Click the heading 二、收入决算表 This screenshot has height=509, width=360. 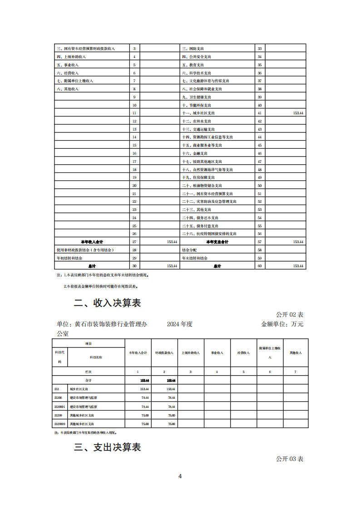tap(107, 303)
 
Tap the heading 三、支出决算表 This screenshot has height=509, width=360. tap(107, 447)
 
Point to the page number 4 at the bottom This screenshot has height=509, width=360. tap(180, 476)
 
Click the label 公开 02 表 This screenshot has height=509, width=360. tap(290, 314)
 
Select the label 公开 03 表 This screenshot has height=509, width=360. tap(290, 459)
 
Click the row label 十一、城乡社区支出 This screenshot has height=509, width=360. tap(198, 113)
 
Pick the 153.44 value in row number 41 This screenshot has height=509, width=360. tap(298, 113)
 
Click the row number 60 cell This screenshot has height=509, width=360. tap(260, 266)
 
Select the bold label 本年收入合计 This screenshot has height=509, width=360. tap(92, 242)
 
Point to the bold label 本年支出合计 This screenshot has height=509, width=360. tap(217, 242)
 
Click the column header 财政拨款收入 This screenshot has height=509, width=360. tap(164, 352)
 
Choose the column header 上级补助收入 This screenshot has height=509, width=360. tap(191, 352)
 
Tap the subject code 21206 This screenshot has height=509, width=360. tap(58, 397)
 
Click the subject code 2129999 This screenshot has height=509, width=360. tap(60, 423)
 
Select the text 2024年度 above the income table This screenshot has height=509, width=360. tap(180, 324)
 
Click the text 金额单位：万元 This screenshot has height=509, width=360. tap(282, 324)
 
